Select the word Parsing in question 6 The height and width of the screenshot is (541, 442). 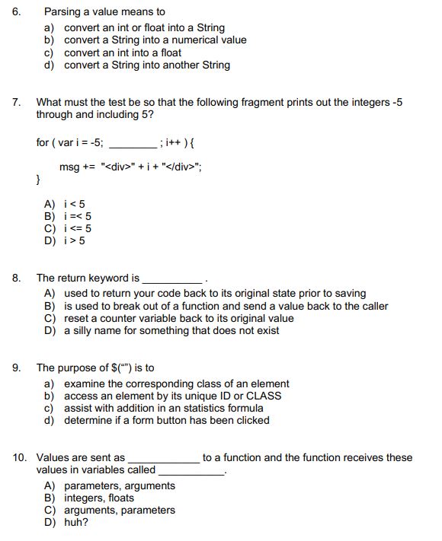pyautogui.click(x=63, y=12)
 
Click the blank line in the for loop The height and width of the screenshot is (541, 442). pyautogui.click(x=132, y=142)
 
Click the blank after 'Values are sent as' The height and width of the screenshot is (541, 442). pyautogui.click(x=163, y=459)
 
